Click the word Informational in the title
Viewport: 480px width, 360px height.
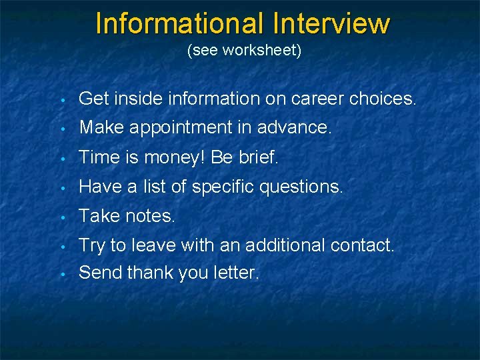179,23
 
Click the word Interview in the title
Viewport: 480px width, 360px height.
331,23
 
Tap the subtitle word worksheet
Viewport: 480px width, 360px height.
262,51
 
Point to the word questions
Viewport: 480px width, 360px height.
307,188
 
